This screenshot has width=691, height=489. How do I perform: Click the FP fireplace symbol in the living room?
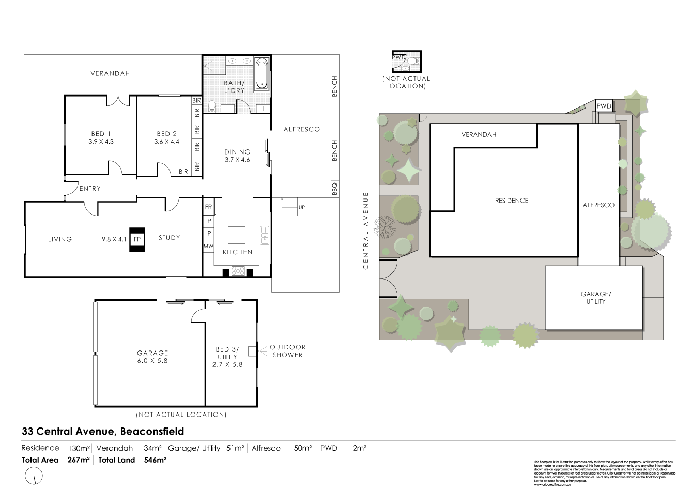(137, 239)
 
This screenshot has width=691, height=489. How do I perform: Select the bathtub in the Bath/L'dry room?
(262, 74)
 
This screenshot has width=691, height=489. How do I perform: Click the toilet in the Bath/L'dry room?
(211, 106)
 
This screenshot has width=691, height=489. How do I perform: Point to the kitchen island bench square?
(237, 235)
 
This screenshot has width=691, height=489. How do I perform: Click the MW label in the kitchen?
(209, 247)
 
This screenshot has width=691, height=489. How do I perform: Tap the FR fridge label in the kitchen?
(209, 207)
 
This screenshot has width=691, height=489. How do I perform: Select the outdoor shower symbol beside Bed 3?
(252, 352)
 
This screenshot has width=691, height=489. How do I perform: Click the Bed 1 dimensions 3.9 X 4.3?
(101, 141)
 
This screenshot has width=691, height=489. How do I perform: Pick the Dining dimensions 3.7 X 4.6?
(237, 160)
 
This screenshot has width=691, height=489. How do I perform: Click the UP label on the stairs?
(301, 207)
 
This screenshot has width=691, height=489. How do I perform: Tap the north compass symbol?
(34, 475)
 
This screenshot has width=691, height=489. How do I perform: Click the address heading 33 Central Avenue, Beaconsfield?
(103, 431)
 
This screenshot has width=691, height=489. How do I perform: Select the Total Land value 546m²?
(155, 460)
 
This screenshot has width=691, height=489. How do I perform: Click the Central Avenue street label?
(366, 231)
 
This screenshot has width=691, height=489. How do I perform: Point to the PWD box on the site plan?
(604, 106)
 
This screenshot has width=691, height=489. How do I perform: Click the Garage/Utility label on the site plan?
(595, 298)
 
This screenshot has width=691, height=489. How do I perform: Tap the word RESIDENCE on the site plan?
(512, 201)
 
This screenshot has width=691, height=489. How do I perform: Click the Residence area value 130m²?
(79, 448)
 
